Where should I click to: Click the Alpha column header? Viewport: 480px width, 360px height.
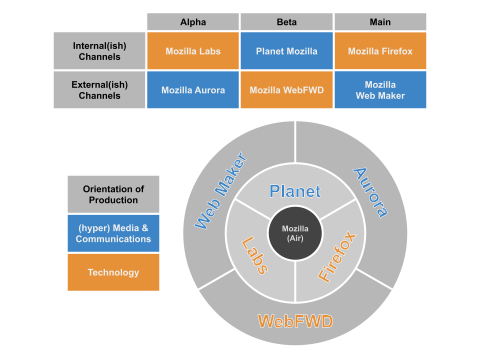pyautogui.click(x=193, y=22)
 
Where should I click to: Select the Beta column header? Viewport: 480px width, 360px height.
pyautogui.click(x=286, y=22)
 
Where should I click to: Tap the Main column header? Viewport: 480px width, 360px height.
pyautogui.click(x=380, y=22)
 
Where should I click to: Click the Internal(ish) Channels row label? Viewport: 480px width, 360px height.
pyautogui.click(x=99, y=51)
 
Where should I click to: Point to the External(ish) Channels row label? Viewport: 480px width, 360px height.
pyautogui.click(x=99, y=90)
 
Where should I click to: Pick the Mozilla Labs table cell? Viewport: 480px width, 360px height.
pyautogui.click(x=193, y=51)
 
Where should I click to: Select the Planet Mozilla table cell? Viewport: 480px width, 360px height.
pyautogui.click(x=286, y=51)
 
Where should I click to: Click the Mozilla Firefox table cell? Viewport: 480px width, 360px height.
pyautogui.click(x=380, y=51)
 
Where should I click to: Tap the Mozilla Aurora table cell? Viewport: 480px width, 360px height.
pyautogui.click(x=193, y=90)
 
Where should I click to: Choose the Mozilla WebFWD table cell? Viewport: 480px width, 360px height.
pyautogui.click(x=286, y=90)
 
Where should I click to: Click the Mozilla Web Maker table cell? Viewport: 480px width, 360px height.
pyautogui.click(x=380, y=90)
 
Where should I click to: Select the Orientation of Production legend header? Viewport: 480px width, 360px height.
pyautogui.click(x=113, y=194)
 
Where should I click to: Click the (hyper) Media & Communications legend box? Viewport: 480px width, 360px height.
pyautogui.click(x=113, y=233)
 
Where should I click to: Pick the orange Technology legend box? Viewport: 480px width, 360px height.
pyautogui.click(x=113, y=272)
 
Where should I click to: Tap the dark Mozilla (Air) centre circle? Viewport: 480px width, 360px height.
pyautogui.click(x=295, y=233)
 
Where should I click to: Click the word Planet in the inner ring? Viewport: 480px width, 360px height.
pyautogui.click(x=295, y=191)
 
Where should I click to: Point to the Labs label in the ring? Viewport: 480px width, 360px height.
pyautogui.click(x=254, y=255)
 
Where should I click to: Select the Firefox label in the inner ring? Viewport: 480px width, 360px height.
pyautogui.click(x=337, y=257)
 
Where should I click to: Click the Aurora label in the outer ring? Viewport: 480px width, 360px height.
pyautogui.click(x=370, y=192)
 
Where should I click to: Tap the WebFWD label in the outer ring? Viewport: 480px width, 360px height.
pyautogui.click(x=295, y=321)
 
